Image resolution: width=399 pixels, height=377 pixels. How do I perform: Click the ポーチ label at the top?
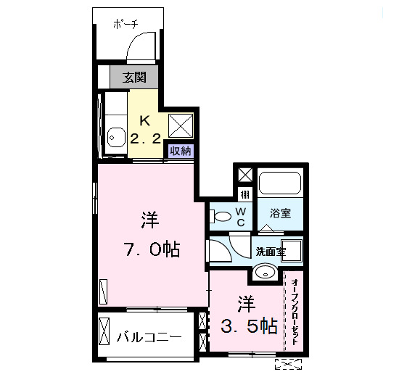125,24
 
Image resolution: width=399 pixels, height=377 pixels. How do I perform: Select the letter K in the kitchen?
144,120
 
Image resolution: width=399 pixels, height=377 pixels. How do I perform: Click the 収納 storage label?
181,151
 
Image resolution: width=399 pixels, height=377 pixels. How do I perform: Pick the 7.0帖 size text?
150,251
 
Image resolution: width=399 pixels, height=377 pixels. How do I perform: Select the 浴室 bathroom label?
280,213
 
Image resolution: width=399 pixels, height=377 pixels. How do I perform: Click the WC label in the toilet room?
242,216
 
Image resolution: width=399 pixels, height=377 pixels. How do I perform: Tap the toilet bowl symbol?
221,215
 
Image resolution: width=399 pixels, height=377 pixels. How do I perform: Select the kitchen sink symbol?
114,135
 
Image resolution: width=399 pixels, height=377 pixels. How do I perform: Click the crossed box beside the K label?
181,125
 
